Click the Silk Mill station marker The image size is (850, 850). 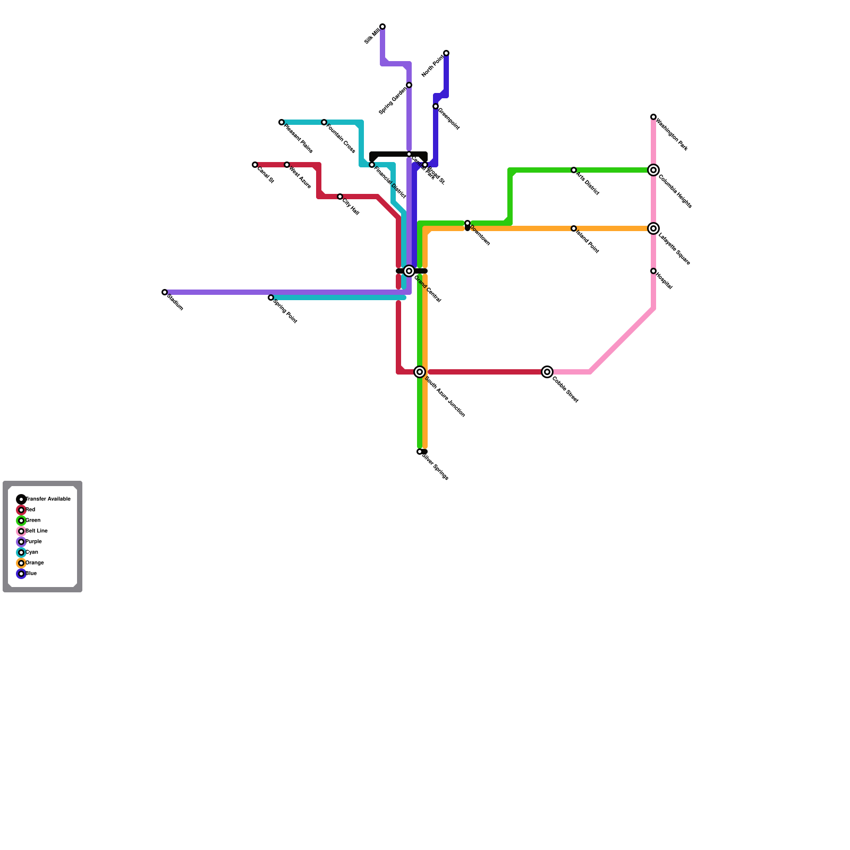[x=382, y=27]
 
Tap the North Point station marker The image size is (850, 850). [x=446, y=53]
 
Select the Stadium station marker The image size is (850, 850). [x=165, y=292]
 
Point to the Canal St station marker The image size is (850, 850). [x=255, y=165]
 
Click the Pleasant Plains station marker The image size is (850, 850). [x=282, y=122]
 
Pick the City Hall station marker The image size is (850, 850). [x=340, y=197]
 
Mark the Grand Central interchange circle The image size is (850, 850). [x=409, y=271]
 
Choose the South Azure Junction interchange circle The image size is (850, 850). [x=420, y=372]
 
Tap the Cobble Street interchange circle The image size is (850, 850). [x=547, y=372]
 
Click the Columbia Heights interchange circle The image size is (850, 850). [x=653, y=170]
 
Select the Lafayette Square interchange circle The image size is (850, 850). [x=653, y=228]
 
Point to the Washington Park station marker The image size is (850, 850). [x=653, y=117]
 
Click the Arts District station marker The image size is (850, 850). [x=574, y=170]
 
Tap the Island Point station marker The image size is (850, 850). [x=574, y=228]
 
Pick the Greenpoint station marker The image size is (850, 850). [x=436, y=106]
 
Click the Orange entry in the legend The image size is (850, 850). [x=35, y=563]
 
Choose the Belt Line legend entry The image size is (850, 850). [x=36, y=531]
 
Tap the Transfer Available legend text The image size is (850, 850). [x=48, y=499]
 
